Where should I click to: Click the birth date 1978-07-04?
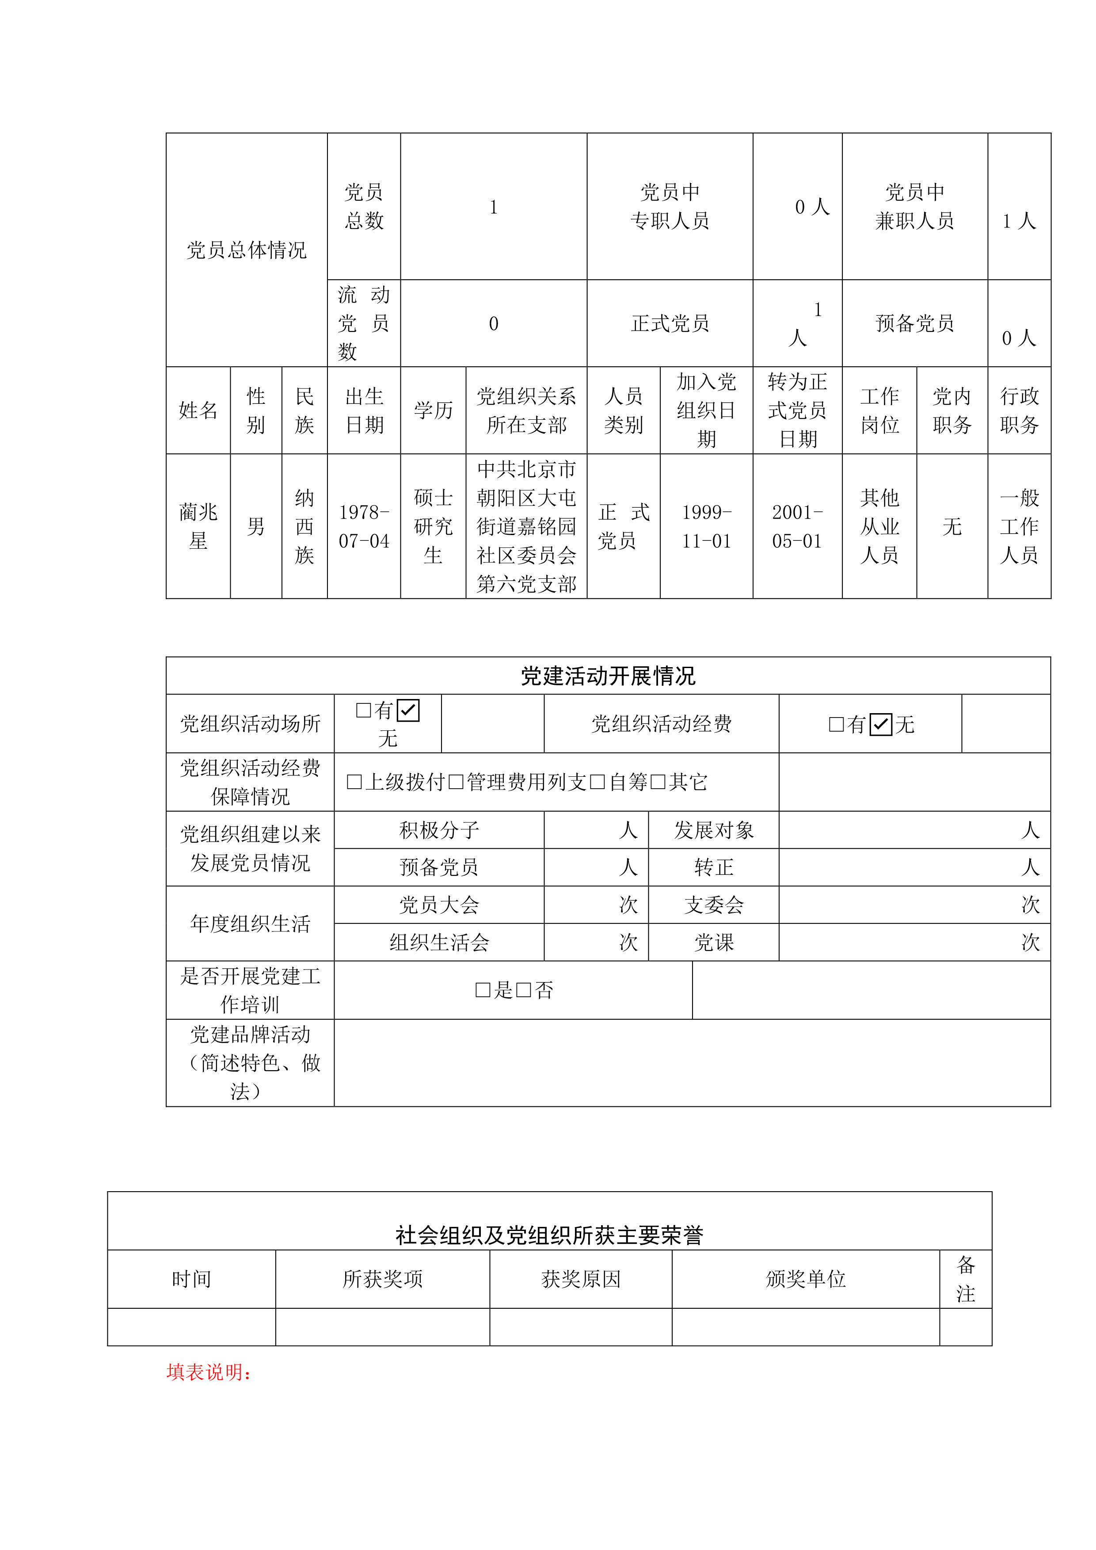pos(364,527)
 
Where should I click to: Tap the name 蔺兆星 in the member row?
pos(198,527)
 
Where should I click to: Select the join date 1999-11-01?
pos(706,527)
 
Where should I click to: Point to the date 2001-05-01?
pos(798,527)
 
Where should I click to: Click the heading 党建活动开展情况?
pos(608,676)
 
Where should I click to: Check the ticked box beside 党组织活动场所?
pos(408,710)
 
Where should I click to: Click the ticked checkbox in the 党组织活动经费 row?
pos(881,724)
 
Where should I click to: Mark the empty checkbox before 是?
pos(483,990)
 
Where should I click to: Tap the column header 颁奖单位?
pos(806,1279)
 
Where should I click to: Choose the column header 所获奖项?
pos(382,1279)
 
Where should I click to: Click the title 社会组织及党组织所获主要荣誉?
pos(549,1235)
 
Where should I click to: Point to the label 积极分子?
pos(439,830)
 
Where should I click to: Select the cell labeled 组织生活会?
pos(439,942)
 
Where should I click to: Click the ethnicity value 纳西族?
pos(304,527)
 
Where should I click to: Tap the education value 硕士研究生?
pos(433,527)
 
